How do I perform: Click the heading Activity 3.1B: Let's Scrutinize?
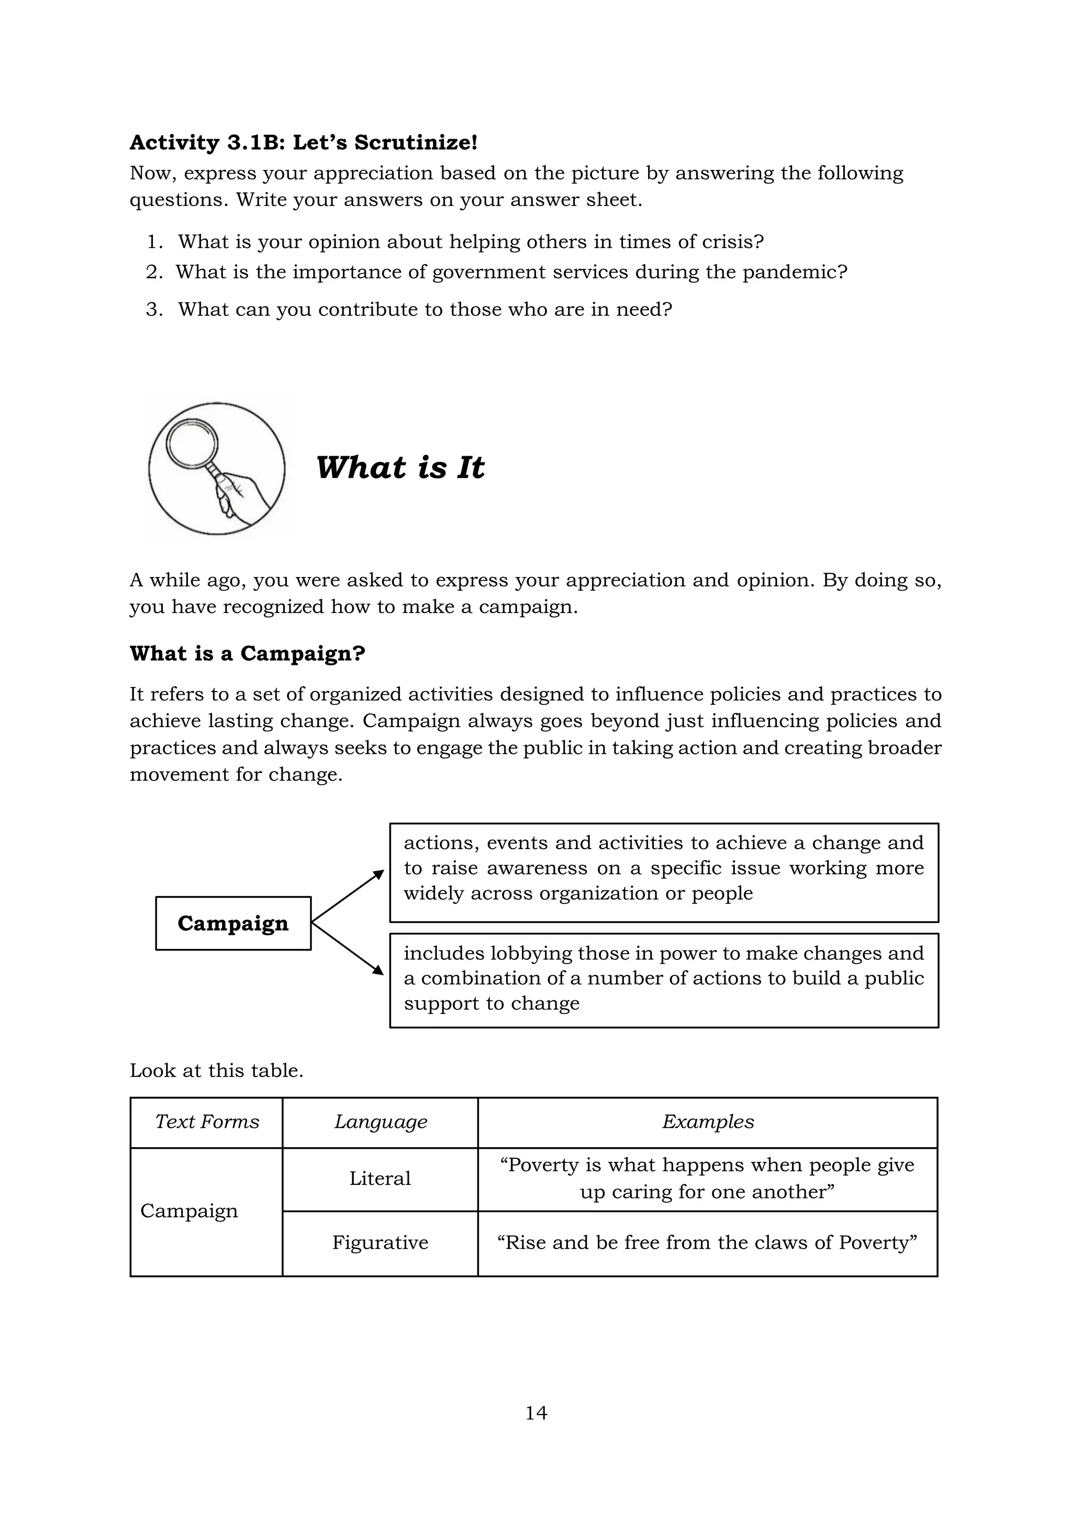303,142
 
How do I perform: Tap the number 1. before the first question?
154,242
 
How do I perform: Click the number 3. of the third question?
154,310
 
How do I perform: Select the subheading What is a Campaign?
247,653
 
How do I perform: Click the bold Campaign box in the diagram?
233,923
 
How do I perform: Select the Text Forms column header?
207,1122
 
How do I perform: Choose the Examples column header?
708,1122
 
